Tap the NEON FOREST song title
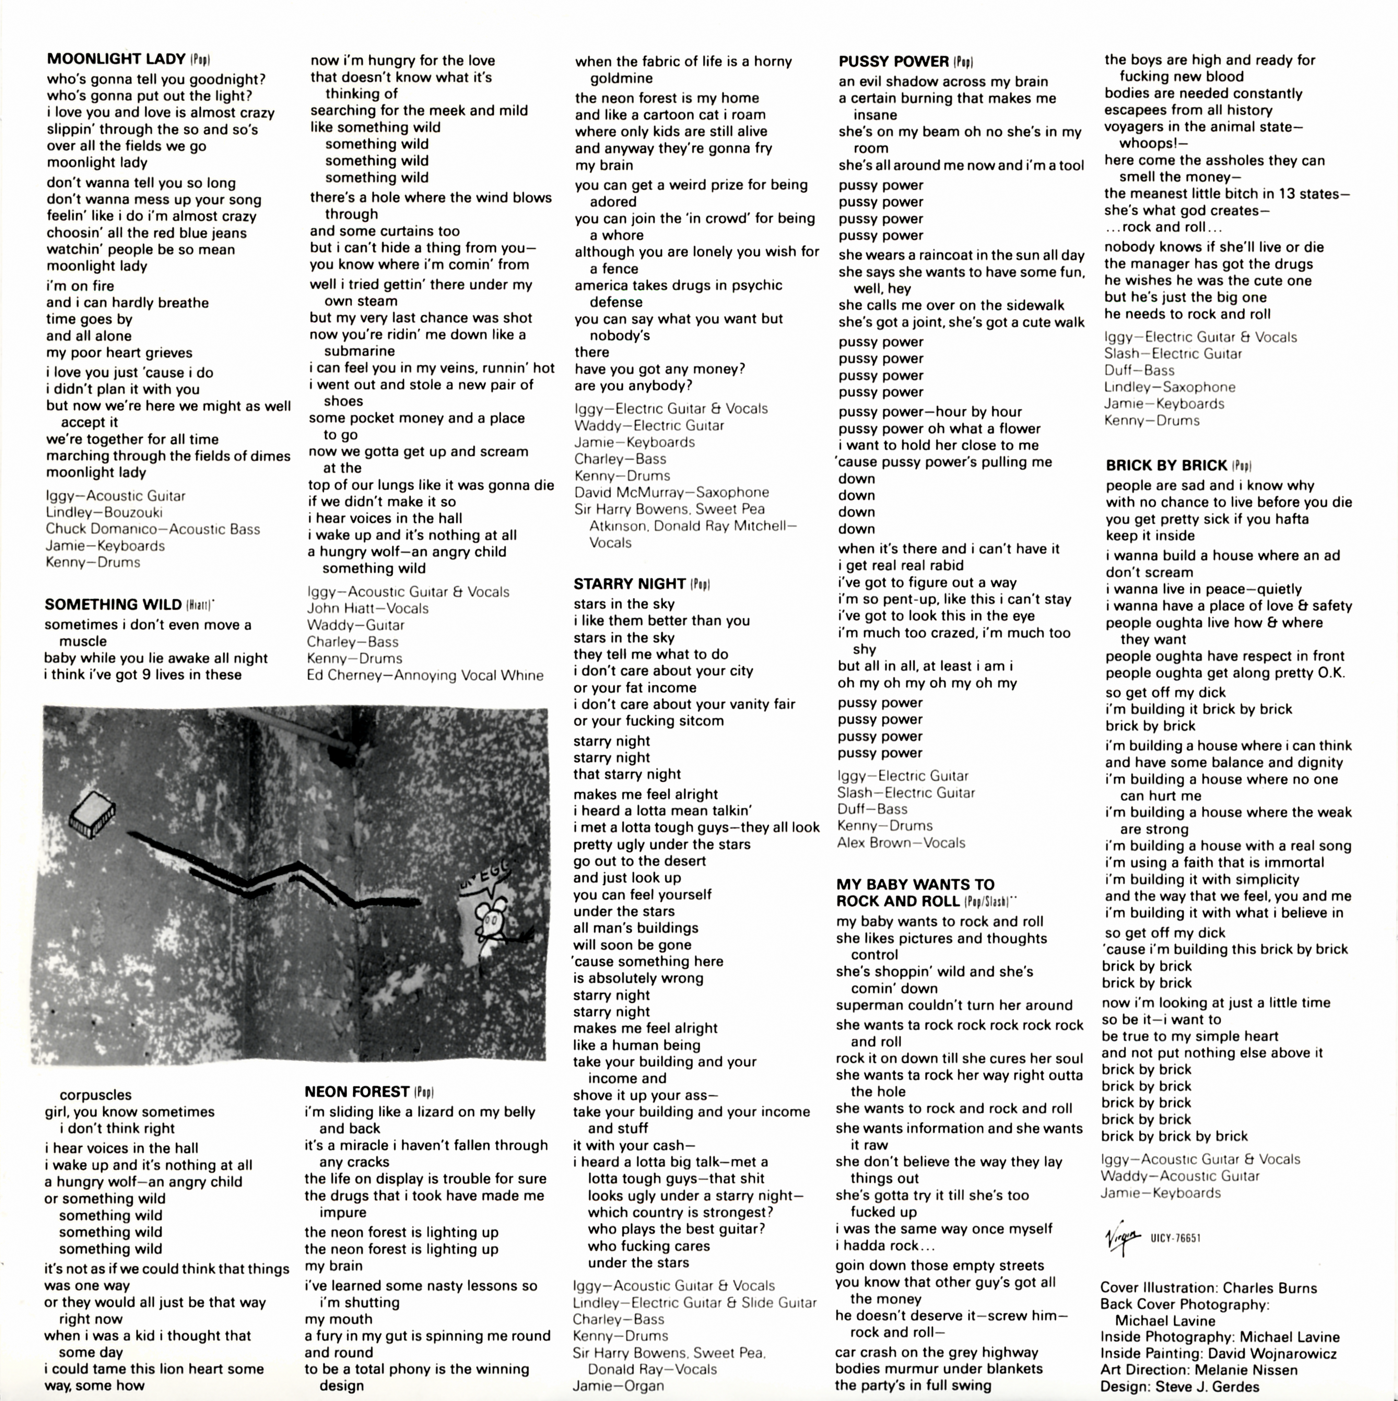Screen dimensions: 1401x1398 357,1091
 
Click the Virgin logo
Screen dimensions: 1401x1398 1122,1236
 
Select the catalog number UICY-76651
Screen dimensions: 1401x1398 1175,1238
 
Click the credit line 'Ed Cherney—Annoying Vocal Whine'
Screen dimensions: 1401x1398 425,675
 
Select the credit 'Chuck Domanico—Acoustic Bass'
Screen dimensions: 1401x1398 153,529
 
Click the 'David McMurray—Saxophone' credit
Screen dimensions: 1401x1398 671,493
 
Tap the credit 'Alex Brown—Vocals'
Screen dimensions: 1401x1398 901,843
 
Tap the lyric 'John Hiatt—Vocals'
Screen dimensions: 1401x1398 368,608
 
